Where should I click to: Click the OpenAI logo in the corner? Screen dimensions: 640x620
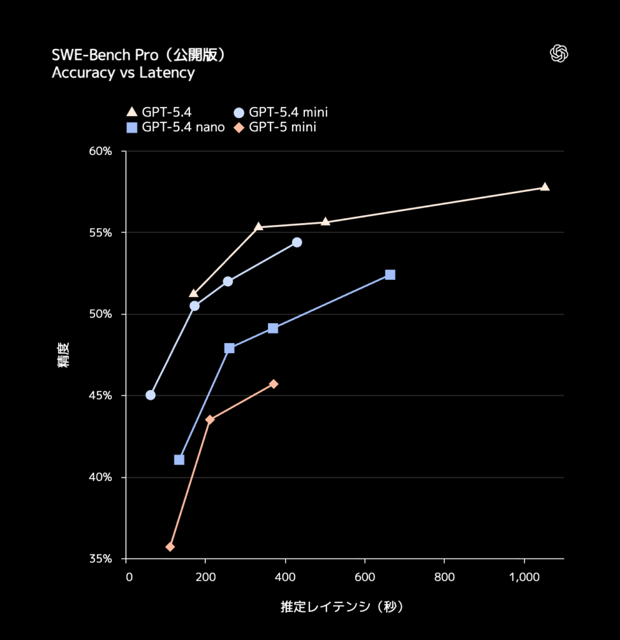559,54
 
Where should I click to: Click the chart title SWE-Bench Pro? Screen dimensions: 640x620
138,55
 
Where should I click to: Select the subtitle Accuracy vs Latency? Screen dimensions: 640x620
123,73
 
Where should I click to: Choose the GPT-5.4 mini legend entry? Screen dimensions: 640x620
281,112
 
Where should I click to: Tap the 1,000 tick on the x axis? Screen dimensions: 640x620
524,576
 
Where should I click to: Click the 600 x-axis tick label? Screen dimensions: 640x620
364,576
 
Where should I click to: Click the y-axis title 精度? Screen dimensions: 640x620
64,354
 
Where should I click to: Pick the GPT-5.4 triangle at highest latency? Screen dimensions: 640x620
544,187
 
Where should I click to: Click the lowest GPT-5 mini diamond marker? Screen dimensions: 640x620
170,547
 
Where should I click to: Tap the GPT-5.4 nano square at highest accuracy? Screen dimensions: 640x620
390,275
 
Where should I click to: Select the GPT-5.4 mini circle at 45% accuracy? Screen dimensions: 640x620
151,395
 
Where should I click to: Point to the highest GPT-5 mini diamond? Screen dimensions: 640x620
273,384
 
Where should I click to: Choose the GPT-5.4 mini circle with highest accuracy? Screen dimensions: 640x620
297,242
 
